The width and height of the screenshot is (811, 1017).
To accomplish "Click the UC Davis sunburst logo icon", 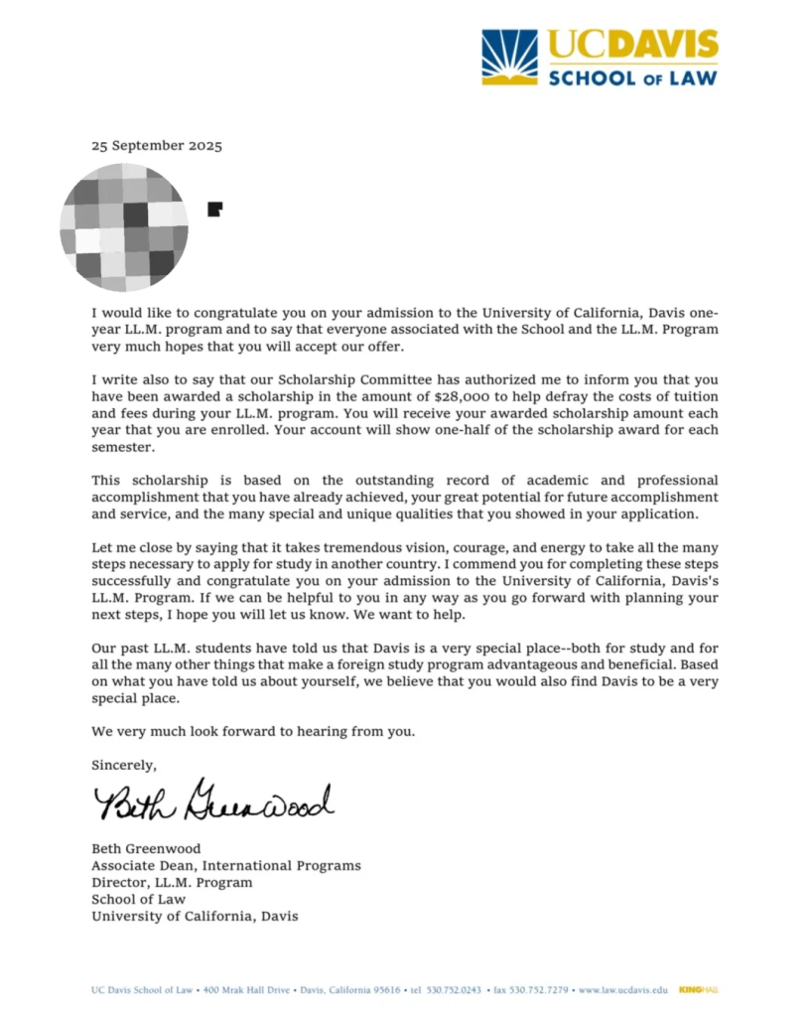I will click(x=509, y=57).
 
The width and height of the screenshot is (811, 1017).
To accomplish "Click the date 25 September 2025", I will click(x=157, y=145).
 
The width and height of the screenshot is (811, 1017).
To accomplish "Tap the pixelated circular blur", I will click(x=123, y=228).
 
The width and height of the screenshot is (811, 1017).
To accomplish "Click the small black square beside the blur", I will click(x=214, y=209).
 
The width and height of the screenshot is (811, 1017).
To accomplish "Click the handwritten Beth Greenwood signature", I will click(x=213, y=801).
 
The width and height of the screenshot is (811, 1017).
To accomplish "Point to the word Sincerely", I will click(x=124, y=765).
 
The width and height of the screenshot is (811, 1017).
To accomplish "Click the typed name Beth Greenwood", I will click(x=146, y=849).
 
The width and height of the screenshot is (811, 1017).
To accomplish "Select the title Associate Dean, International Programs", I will click(x=226, y=866).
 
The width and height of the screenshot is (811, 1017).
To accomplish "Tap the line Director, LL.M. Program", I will click(x=172, y=882).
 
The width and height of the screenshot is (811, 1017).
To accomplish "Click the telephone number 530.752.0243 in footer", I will click(x=454, y=989).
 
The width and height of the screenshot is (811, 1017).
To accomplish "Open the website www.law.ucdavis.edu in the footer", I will click(x=622, y=989).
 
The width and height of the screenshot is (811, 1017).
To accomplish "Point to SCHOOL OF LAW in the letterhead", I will click(x=632, y=76).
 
